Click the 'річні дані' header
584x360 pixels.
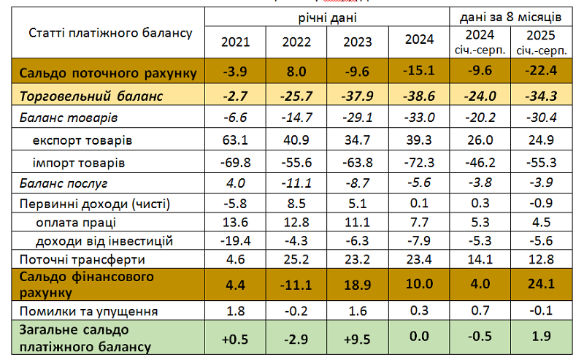pyautogui.click(x=326, y=16)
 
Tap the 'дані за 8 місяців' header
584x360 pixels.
pyautogui.click(x=510, y=16)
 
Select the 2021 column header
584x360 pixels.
pyautogui.click(x=235, y=41)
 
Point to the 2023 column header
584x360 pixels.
pyautogui.click(x=357, y=41)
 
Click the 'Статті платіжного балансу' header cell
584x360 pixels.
pyautogui.click(x=110, y=33)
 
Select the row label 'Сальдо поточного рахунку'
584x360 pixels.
pyautogui.click(x=108, y=73)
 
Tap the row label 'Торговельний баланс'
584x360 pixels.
pyautogui.click(x=91, y=96)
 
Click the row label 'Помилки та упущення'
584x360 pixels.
pyautogui.click(x=89, y=311)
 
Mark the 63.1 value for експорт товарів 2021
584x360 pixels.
pyautogui.click(x=235, y=139)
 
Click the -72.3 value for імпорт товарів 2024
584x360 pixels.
pyautogui.click(x=419, y=161)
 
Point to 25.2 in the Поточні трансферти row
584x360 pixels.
pyautogui.click(x=296, y=258)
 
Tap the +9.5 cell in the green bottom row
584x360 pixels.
pyautogui.click(x=357, y=339)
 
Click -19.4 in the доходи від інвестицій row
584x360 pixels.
pyautogui.click(x=235, y=240)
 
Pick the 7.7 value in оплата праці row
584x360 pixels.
pyautogui.click(x=419, y=222)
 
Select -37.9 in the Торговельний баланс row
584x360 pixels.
pyautogui.click(x=357, y=96)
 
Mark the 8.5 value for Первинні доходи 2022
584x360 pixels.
pyautogui.click(x=296, y=203)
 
